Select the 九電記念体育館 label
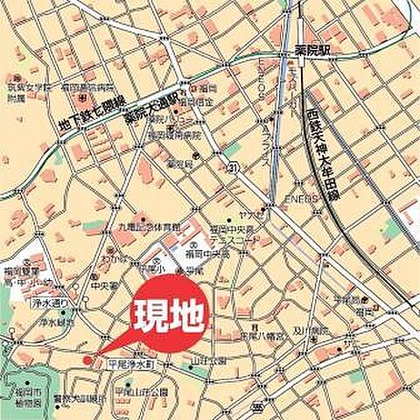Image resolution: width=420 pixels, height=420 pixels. [x=143, y=227]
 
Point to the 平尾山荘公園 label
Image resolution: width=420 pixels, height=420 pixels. [x=143, y=391]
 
